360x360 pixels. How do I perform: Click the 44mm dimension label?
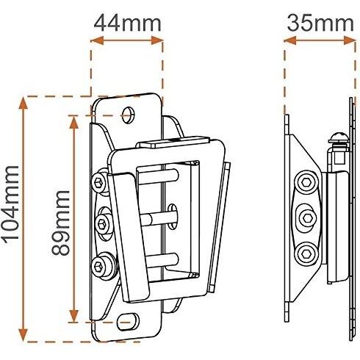[127, 23]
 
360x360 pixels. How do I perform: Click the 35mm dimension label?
[320, 23]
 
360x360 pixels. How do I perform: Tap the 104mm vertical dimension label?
[11, 204]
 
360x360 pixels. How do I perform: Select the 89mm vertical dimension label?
[61, 223]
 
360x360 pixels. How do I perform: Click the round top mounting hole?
[129, 115]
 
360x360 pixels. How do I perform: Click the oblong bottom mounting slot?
[128, 322]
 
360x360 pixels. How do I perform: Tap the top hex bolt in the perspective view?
[99, 182]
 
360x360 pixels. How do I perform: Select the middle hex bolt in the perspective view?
[103, 223]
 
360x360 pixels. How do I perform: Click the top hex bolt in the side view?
[306, 182]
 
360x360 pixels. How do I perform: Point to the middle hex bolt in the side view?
[307, 217]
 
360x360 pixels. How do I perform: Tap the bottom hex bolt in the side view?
[306, 254]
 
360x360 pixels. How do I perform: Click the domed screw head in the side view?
[339, 138]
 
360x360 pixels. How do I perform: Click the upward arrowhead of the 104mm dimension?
[24, 103]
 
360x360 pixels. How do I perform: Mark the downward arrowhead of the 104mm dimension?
[24, 335]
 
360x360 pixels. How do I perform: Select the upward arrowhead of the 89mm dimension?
[73, 122]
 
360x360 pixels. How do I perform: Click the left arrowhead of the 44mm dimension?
[98, 40]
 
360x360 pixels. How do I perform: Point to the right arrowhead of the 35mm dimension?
[350, 40]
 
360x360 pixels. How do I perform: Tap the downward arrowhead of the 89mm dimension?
[73, 316]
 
